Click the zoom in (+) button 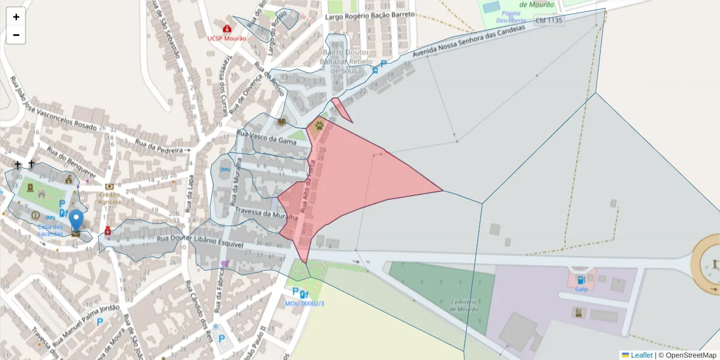[x=16, y=17]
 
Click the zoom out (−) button [x=16, y=35]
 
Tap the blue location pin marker [x=76, y=221]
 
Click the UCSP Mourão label [x=227, y=38]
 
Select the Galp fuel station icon [x=581, y=280]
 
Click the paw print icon [x=318, y=125]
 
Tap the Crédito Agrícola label [x=110, y=198]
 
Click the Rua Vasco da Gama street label [x=266, y=138]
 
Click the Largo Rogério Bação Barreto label [x=370, y=16]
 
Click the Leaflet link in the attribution [x=641, y=355]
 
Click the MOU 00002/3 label [x=304, y=304]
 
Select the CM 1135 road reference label [x=549, y=20]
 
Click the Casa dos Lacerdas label [x=50, y=230]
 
